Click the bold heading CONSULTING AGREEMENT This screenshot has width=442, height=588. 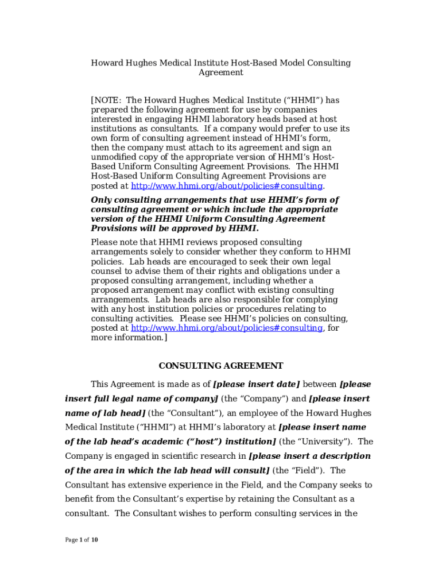tap(221, 366)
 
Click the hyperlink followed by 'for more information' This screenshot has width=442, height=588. tap(227, 328)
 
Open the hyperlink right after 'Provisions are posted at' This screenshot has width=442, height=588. tap(227, 186)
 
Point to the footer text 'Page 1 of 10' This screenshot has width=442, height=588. tap(82, 540)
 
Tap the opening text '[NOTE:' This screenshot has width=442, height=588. tap(106, 100)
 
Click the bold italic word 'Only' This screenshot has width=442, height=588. tap(102, 200)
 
